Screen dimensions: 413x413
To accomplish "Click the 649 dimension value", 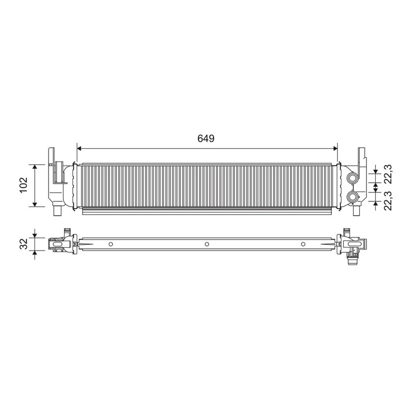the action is pos(206,138).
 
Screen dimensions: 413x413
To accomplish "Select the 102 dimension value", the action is pos(23,185).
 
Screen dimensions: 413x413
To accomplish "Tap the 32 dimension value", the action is pos(23,244).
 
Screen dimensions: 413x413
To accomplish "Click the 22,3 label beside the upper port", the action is pos(388,174).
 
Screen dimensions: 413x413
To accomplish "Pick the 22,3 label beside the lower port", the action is pos(388,201).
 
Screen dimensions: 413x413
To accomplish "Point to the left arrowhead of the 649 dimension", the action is pos(80,149).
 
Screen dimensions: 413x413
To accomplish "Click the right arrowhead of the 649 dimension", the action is pos(335,149).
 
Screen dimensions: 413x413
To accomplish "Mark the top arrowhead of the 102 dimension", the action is pos(35,166).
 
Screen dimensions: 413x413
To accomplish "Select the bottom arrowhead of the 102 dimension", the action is pos(35,204).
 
